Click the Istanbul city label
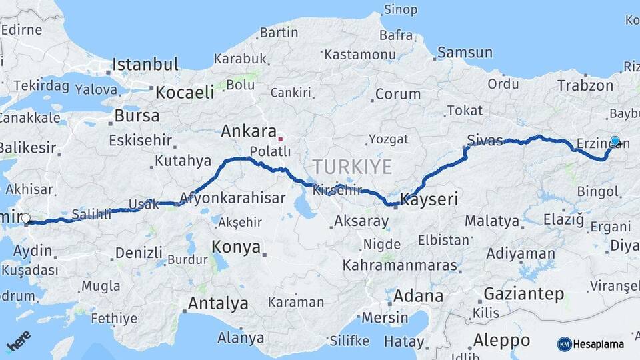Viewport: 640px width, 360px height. (x=145, y=65)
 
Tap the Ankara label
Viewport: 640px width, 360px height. (x=249, y=131)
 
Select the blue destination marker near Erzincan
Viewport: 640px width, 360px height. (x=615, y=141)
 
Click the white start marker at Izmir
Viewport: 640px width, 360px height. (x=25, y=218)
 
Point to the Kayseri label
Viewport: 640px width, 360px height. (x=430, y=199)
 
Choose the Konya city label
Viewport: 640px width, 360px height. (x=236, y=247)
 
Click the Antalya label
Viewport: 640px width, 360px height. (x=218, y=304)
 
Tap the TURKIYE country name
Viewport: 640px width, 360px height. (x=353, y=167)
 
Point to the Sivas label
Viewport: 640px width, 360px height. (x=485, y=140)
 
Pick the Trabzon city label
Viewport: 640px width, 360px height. (x=585, y=85)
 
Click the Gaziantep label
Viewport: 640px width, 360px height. (x=523, y=294)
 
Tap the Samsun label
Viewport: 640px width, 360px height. (x=465, y=53)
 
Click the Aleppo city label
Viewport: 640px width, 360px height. (x=501, y=341)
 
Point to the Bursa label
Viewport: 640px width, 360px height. (x=137, y=115)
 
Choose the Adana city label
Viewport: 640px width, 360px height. (x=418, y=296)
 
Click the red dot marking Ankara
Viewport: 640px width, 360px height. (x=281, y=139)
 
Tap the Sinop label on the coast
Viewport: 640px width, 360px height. (x=401, y=10)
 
